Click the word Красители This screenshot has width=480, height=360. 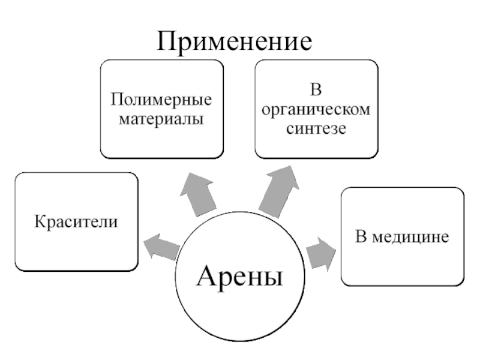click(76, 221)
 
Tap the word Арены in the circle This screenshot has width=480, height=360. click(239, 277)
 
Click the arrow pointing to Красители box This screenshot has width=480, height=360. click(161, 245)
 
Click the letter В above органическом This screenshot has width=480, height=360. click(316, 92)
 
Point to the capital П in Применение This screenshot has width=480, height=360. click(169, 41)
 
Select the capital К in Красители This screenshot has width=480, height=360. click(40, 221)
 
